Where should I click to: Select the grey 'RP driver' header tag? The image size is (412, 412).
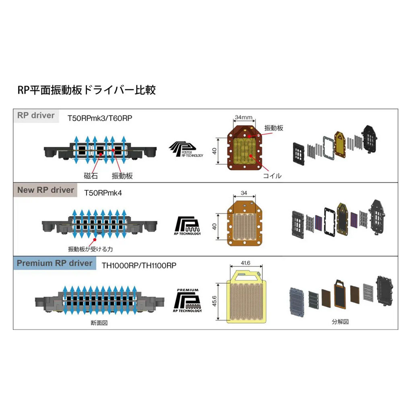[x=36, y=115]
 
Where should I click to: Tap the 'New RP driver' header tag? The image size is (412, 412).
[x=45, y=190]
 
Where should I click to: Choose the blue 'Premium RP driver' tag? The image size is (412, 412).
[x=55, y=264]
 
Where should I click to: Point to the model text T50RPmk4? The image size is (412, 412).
[x=103, y=193]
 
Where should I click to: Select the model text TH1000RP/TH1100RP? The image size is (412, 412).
[x=139, y=266]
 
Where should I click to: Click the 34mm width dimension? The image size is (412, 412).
[x=243, y=117]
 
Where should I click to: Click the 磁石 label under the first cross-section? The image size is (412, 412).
[x=91, y=175]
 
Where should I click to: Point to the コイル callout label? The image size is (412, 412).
[x=272, y=176]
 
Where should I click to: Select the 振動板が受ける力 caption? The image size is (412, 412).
[x=87, y=249]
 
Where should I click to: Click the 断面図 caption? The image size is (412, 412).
[x=100, y=322]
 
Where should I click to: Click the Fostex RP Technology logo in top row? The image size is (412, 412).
[x=186, y=149]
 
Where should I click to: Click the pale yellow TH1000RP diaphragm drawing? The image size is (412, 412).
[x=246, y=298]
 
